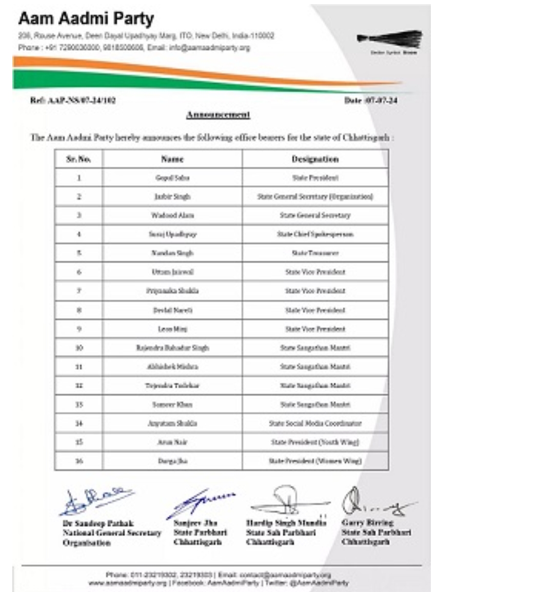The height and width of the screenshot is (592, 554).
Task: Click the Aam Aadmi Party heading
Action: pyautogui.click(x=86, y=19)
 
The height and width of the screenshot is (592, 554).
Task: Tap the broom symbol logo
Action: pyautogui.click(x=390, y=40)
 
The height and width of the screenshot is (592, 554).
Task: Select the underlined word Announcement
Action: pyautogui.click(x=218, y=114)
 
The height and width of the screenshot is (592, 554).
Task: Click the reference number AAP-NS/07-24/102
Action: pyautogui.click(x=73, y=100)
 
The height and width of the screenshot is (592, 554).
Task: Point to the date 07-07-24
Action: pyautogui.click(x=371, y=100)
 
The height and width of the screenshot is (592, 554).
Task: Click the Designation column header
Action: pyautogui.click(x=315, y=159)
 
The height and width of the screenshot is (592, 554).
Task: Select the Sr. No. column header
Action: pyautogui.click(x=78, y=159)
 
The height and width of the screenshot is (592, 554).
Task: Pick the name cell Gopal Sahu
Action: pyautogui.click(x=172, y=178)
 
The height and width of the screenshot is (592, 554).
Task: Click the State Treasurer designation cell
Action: pyautogui.click(x=315, y=253)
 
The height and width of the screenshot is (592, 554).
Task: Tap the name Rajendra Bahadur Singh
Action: pyautogui.click(x=172, y=348)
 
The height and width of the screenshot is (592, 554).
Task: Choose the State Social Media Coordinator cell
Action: pyautogui.click(x=315, y=423)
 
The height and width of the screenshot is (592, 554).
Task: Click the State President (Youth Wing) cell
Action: pyautogui.click(x=315, y=442)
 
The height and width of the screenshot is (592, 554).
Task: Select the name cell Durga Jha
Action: pyautogui.click(x=172, y=461)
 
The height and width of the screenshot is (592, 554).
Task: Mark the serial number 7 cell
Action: pyautogui.click(x=78, y=291)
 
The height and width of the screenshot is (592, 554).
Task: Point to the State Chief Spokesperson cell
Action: pyautogui.click(x=315, y=234)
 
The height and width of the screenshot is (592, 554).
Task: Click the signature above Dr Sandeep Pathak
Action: pyautogui.click(x=95, y=501)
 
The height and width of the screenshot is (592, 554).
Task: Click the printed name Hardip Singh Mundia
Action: pyautogui.click(x=286, y=523)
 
